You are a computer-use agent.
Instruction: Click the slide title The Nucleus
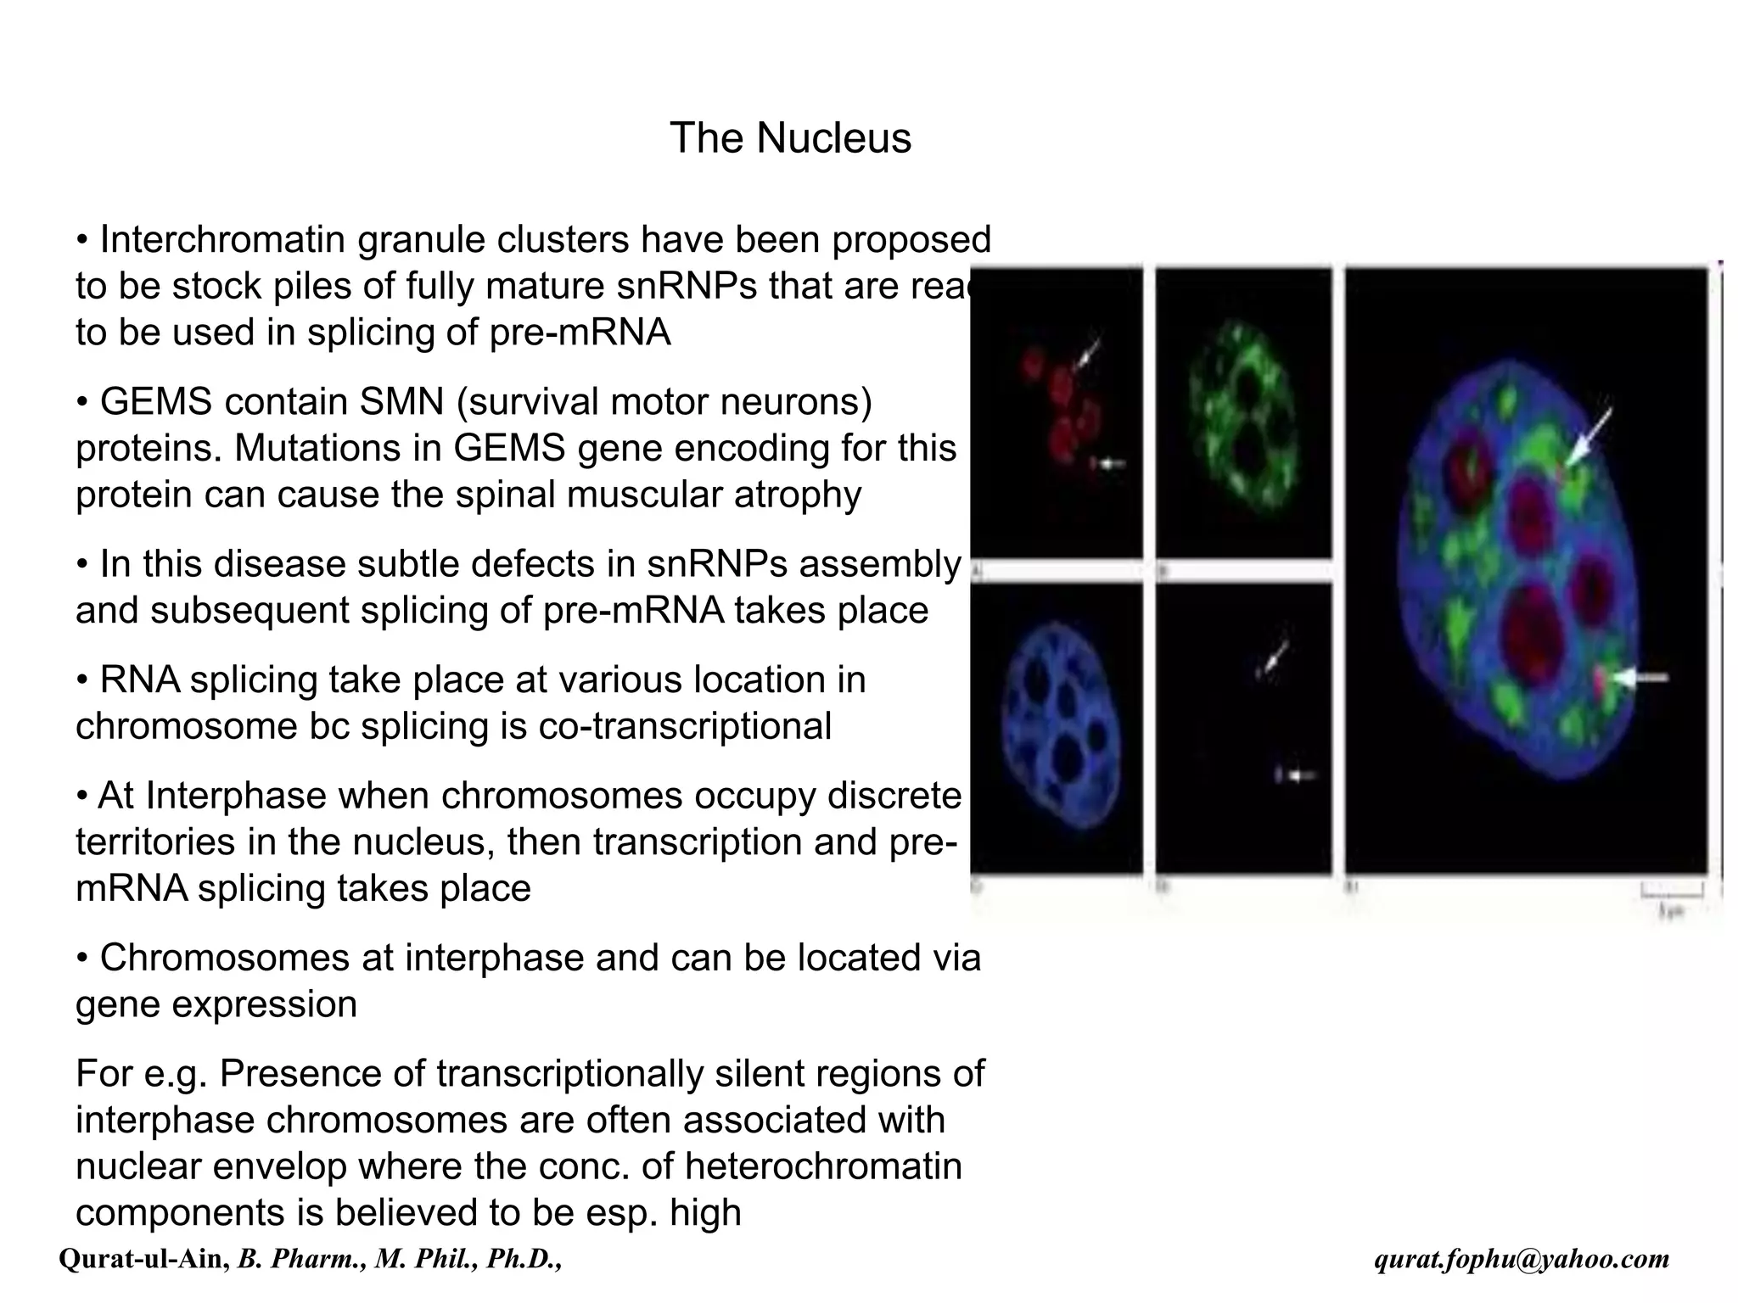790,138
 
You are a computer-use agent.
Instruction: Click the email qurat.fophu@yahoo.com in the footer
1522,1259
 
